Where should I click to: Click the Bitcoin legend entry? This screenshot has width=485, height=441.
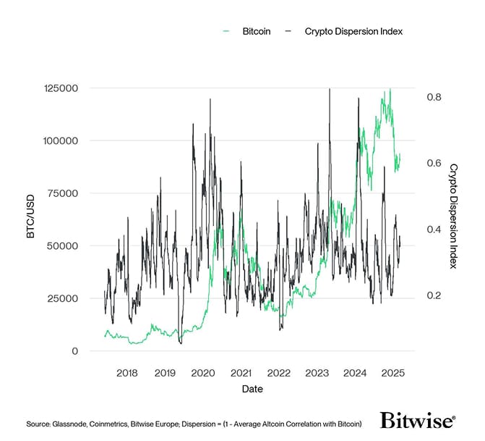tap(255, 32)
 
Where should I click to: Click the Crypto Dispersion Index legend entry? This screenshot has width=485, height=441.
tap(352, 32)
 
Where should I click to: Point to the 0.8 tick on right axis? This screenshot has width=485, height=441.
tap(433, 97)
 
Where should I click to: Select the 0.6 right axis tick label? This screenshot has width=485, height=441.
tap(433, 163)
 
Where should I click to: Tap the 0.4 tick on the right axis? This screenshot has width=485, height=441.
tap(433, 230)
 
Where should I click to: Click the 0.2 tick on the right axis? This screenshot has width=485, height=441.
tap(433, 296)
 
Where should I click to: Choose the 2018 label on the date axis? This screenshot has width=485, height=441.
tap(127, 374)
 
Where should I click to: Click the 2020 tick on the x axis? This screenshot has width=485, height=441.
tap(202, 374)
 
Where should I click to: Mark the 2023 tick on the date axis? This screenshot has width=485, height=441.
tap(317, 374)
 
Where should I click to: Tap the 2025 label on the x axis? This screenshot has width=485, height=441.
tap(392, 374)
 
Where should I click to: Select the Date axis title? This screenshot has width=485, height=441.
tap(252, 389)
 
